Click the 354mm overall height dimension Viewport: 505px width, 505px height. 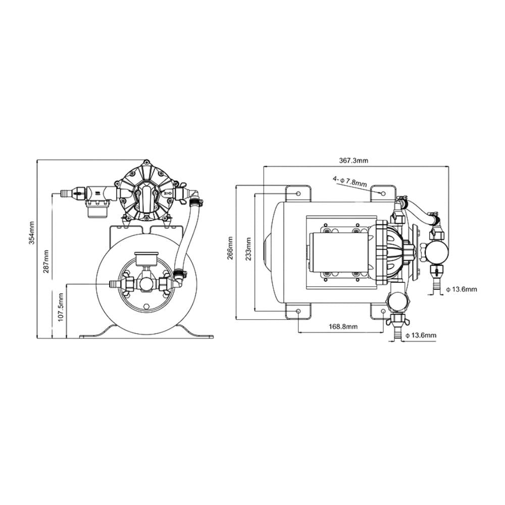pos(31,233)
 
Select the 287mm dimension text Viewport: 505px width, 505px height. pos(45,261)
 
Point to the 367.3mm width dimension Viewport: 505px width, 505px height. pos(353,160)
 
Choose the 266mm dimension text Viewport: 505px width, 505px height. pos(230,248)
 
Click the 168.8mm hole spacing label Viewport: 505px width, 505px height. pos(343,327)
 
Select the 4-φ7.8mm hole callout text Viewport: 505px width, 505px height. pos(349,180)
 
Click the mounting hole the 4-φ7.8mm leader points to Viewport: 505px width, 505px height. pos(383,193)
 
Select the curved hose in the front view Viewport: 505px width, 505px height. pos(185,237)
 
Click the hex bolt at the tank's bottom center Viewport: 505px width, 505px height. pos(146,307)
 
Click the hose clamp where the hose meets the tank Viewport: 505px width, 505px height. pos(178,275)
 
